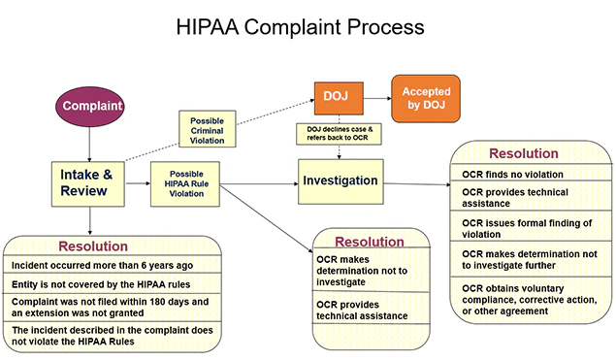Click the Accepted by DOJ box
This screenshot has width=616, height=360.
[x=426, y=98]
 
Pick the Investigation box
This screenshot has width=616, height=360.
[x=340, y=180]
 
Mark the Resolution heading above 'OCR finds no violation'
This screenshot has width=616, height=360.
[x=524, y=153]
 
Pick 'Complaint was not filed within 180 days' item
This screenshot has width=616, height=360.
[x=107, y=308]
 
